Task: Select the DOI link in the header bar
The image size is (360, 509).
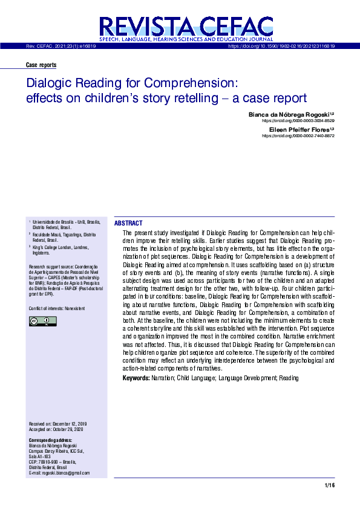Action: [x=281, y=46]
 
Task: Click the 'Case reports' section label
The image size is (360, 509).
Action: [x=41, y=65]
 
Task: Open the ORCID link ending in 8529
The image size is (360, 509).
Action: [x=298, y=120]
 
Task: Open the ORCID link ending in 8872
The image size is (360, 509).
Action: [x=298, y=136]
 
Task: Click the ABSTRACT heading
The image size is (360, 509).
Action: [x=128, y=223]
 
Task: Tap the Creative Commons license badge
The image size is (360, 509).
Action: [x=42, y=321]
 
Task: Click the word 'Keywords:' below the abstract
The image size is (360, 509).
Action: [x=136, y=378]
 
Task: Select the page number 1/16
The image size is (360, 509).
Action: [x=329, y=485]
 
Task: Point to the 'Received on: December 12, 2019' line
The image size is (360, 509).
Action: [x=58, y=424]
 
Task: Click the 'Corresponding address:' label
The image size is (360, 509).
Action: [x=51, y=440]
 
